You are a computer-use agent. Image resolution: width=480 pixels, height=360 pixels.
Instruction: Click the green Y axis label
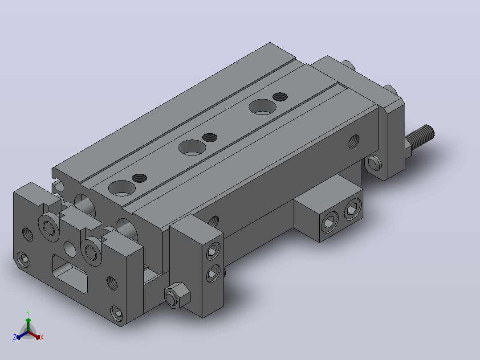28,313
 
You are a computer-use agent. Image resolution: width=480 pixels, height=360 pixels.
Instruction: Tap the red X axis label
42,337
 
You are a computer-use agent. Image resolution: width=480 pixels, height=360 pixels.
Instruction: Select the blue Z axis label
14,337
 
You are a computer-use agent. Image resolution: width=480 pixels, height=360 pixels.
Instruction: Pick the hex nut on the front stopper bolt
177,295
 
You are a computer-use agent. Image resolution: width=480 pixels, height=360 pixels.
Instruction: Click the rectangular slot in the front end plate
70,274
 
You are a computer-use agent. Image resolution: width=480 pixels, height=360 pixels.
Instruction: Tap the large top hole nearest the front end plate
122,188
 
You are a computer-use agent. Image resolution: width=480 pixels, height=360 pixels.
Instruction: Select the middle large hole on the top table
192,147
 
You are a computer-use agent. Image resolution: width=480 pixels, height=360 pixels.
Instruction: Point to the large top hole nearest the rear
262,107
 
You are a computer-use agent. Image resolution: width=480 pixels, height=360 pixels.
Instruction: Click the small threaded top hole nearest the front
139,178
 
